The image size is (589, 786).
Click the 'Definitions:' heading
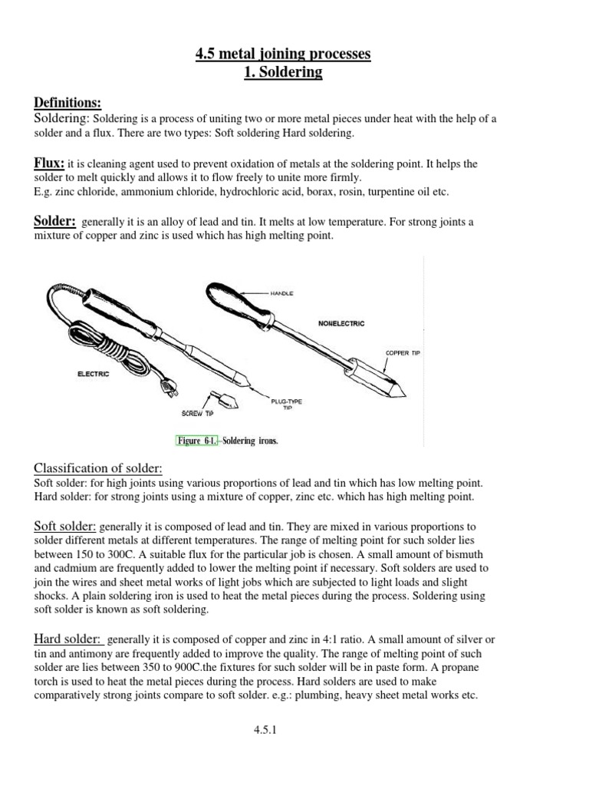(68, 102)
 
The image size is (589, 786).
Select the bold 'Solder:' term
(54, 221)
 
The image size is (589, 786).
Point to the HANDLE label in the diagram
(281, 293)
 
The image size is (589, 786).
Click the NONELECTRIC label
(341, 324)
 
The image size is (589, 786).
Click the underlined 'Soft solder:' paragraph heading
(65, 526)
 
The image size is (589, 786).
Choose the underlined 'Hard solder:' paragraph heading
(67, 639)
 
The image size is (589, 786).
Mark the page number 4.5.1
(264, 731)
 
